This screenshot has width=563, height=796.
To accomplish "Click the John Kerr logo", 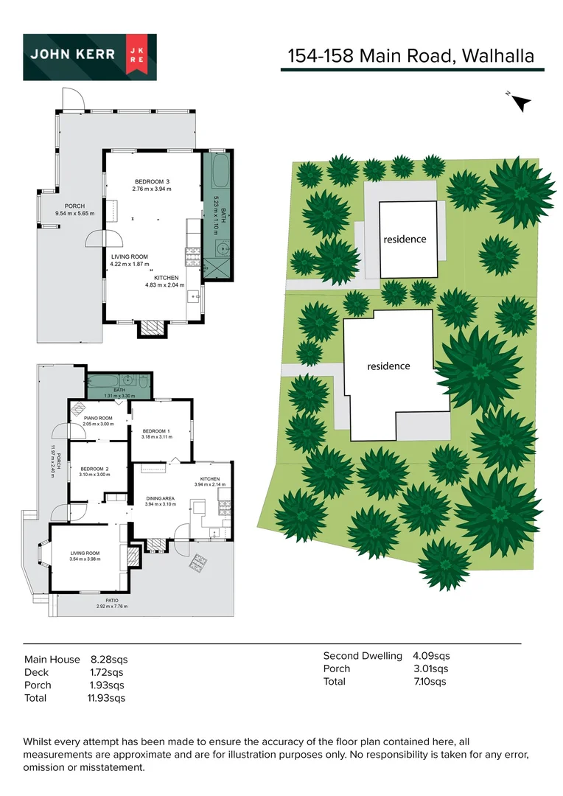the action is click(x=90, y=57).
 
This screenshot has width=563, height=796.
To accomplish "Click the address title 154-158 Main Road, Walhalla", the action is click(x=410, y=56).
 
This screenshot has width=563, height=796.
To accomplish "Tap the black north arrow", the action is click(x=521, y=103).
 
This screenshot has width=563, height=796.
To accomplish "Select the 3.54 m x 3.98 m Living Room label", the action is click(x=85, y=556).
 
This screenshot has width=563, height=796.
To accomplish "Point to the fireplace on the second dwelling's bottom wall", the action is click(x=153, y=328).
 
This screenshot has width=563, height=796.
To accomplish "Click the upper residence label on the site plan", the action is click(x=405, y=239).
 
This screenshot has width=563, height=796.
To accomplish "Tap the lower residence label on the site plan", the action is click(x=388, y=366).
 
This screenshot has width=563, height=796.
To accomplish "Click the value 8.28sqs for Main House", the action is click(x=109, y=660).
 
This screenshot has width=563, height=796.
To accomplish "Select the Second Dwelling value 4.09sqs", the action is click(x=431, y=656).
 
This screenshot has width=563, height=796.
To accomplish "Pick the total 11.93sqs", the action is click(x=106, y=698).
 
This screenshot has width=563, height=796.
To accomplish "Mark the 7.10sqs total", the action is click(x=430, y=682).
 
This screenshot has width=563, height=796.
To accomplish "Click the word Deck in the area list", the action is click(x=37, y=672).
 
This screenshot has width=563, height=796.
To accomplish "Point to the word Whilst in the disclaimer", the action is click(x=38, y=741).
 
